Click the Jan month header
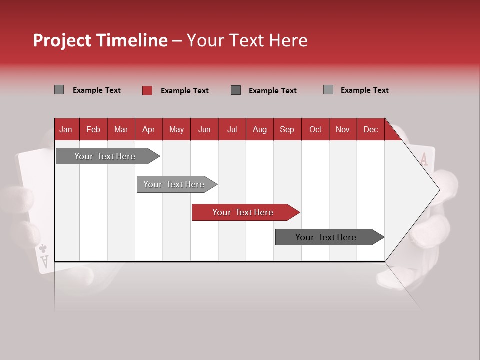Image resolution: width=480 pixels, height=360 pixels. [66, 129]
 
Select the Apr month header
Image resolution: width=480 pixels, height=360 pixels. [148, 129]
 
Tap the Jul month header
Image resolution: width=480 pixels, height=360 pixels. [232, 129]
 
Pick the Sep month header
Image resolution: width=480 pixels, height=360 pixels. [287, 129]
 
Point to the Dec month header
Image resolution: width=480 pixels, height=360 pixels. [370, 129]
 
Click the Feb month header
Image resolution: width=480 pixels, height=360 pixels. [93, 129]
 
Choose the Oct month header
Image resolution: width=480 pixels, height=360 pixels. [315, 129]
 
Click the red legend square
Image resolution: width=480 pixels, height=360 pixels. [147, 90]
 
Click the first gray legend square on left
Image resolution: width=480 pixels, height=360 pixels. [59, 90]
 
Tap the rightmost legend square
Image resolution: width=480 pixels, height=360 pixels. [328, 90]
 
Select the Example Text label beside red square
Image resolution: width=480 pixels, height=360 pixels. [185, 91]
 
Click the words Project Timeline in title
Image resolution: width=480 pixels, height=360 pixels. [100, 40]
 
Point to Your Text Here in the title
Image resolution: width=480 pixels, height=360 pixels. [247, 40]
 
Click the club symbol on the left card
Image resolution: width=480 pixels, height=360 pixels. [43, 248]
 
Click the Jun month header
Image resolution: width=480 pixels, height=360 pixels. [204, 129]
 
